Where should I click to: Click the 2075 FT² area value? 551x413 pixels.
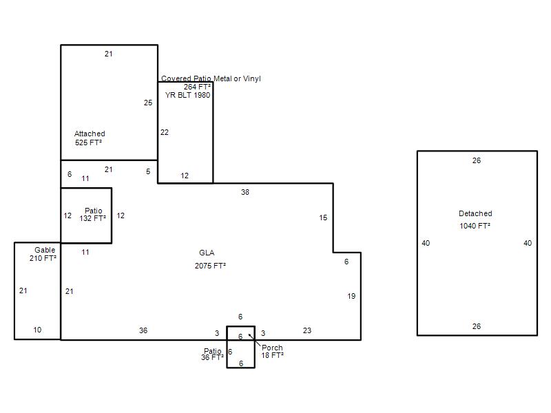tap(210, 266)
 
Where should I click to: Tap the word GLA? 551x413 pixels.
tap(207, 253)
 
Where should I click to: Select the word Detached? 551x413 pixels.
tap(475, 213)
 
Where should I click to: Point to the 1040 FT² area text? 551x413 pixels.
tap(475, 226)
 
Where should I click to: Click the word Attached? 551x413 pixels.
tap(90, 134)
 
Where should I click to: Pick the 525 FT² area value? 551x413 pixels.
tap(88, 142)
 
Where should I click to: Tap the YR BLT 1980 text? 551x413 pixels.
tap(187, 95)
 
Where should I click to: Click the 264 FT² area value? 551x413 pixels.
tap(197, 87)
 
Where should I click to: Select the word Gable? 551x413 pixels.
tap(45, 250)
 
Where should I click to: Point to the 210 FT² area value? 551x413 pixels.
tap(43, 258)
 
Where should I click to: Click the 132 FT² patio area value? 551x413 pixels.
tap(93, 218)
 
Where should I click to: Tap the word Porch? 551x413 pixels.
tap(272, 348)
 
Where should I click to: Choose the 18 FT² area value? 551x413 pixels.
tap(272, 355)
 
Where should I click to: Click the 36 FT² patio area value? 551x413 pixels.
tap(212, 357)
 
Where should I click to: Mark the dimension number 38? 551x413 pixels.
tap(245, 193)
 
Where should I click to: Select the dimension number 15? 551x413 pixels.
tap(323, 218)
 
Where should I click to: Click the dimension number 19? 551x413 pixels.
tap(351, 296)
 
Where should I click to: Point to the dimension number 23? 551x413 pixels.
tap(307, 330)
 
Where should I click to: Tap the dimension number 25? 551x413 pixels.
tap(148, 103)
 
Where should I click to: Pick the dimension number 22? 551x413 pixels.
tap(165, 132)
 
